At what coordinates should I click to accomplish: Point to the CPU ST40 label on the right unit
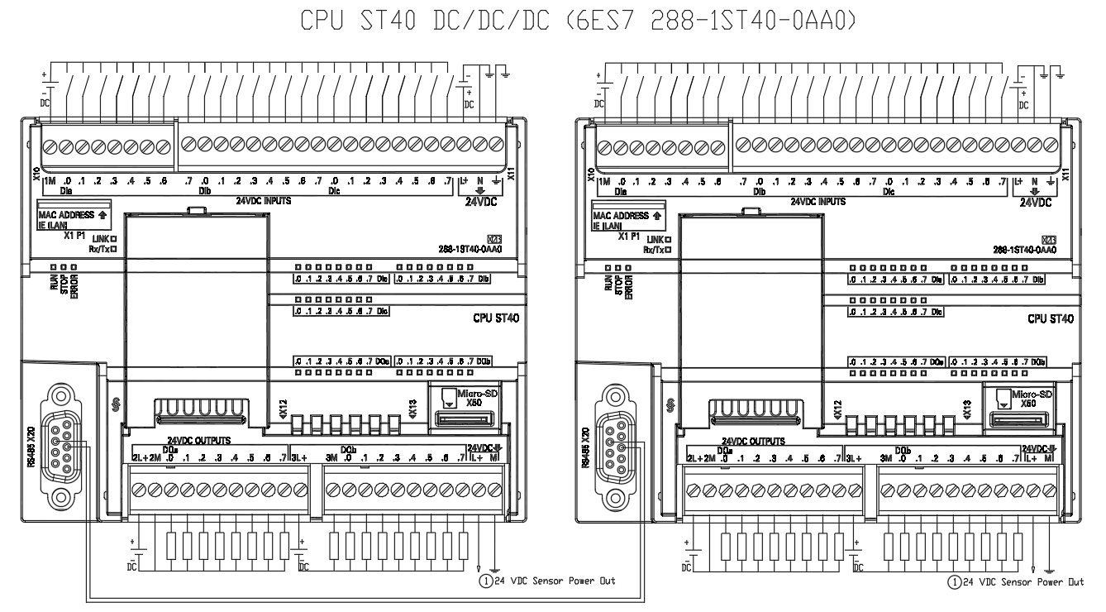click(x=1050, y=318)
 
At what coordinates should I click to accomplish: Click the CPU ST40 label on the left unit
click(x=494, y=318)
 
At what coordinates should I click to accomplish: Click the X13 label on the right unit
click(x=967, y=407)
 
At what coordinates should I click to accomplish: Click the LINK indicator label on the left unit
click(x=101, y=237)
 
